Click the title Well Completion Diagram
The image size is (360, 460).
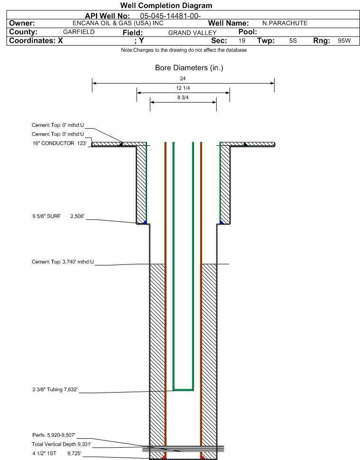tap(166, 6)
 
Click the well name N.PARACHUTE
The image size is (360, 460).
tap(285, 23)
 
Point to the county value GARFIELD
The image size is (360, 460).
tap(79, 32)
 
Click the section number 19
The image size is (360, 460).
tap(242, 41)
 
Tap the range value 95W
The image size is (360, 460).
tap(344, 41)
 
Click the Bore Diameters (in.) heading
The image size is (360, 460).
tap(189, 68)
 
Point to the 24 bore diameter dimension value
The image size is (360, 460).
tap(183, 78)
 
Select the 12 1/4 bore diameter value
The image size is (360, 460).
tap(183, 88)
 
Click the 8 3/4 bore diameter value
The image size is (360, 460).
tap(183, 98)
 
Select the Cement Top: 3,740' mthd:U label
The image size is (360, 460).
tap(63, 262)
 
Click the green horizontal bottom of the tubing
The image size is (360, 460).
tap(183, 390)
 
